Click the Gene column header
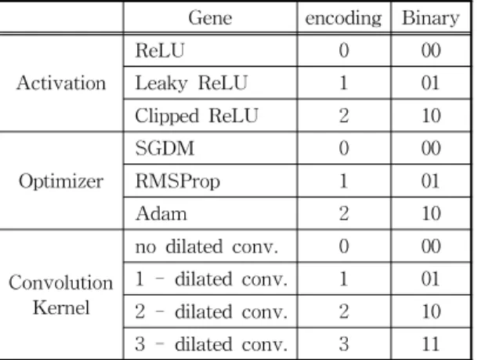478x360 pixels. [x=210, y=18]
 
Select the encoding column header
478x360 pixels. [x=343, y=19]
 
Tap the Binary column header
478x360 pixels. [x=430, y=19]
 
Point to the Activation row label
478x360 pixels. [x=61, y=83]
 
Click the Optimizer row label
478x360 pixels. [x=61, y=181]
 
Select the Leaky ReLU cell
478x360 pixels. [x=191, y=83]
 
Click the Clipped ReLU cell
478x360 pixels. [x=197, y=116]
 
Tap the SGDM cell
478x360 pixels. [x=165, y=148]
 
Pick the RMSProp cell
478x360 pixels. [x=177, y=181]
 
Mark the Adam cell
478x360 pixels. [x=161, y=213]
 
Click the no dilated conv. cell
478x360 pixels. [x=207, y=246]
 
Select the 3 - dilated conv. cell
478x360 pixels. [x=211, y=344]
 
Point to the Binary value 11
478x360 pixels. [x=430, y=344]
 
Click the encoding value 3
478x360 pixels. [x=343, y=344]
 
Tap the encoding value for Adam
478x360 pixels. [x=343, y=213]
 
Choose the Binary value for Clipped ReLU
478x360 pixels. [x=431, y=115]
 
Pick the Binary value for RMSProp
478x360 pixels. [x=430, y=181]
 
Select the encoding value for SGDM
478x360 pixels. [x=343, y=148]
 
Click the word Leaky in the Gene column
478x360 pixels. [x=161, y=83]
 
